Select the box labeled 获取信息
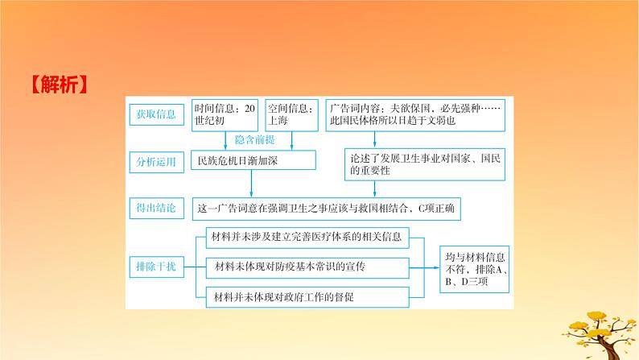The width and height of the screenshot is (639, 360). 157,114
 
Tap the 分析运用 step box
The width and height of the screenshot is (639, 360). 157,161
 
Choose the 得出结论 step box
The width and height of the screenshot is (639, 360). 157,209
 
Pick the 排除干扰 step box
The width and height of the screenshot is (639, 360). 157,265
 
